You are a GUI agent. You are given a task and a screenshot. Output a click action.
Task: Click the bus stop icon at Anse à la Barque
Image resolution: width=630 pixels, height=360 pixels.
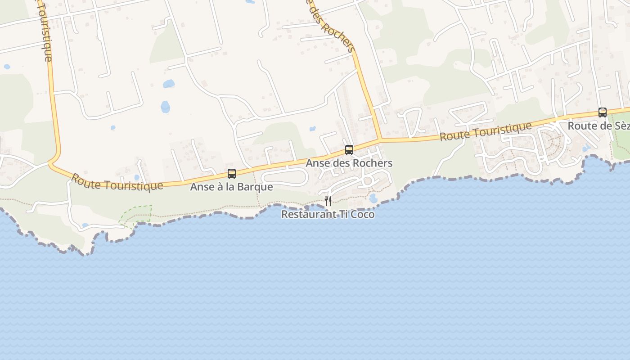[232, 173]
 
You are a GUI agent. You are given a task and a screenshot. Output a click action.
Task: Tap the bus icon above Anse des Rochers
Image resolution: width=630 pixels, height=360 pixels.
[349, 150]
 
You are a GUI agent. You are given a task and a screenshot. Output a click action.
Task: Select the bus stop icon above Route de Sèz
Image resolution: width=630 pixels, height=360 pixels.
[602, 112]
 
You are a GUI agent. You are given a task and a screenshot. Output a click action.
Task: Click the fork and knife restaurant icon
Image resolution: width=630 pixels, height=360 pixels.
[328, 201]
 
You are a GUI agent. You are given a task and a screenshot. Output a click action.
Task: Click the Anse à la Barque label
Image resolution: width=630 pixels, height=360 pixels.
[231, 187]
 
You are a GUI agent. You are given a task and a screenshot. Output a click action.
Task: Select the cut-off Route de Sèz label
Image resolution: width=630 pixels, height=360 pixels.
[598, 126]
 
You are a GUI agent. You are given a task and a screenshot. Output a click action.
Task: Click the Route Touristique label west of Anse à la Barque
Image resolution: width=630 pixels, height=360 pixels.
[117, 182]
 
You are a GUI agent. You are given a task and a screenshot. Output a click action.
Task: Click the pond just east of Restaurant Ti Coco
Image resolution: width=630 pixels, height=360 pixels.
[373, 198]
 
